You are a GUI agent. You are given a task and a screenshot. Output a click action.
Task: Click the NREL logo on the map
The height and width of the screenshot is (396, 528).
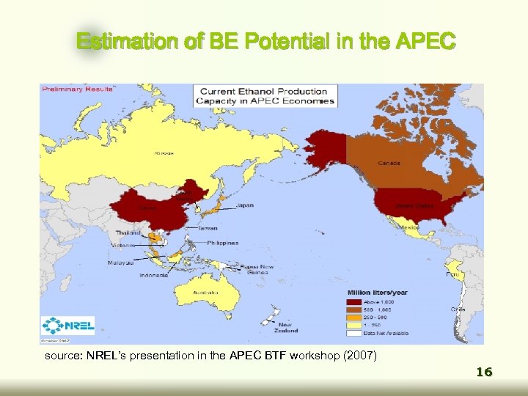click(x=67, y=326)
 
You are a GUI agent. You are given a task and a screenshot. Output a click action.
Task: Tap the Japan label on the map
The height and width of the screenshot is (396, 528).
click(x=246, y=206)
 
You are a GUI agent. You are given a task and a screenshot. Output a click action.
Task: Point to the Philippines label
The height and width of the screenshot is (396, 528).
click(x=223, y=243)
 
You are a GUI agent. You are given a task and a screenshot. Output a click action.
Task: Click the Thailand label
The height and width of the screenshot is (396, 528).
click(x=128, y=232)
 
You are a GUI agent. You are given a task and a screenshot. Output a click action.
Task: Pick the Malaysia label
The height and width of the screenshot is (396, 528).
click(x=120, y=262)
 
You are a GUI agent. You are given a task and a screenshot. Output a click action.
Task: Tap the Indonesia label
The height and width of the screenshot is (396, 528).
click(x=153, y=276)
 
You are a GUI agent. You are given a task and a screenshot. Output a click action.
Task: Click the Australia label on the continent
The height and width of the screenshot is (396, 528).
click(x=205, y=292)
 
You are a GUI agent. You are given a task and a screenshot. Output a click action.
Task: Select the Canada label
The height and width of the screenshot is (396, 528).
click(x=389, y=163)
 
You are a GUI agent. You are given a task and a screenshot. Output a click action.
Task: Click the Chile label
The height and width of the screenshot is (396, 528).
click(x=458, y=309)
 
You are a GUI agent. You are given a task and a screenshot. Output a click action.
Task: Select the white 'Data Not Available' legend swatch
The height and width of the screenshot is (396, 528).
click(x=352, y=334)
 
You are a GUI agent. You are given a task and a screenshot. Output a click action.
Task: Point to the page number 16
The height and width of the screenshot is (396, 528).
click(x=483, y=373)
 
